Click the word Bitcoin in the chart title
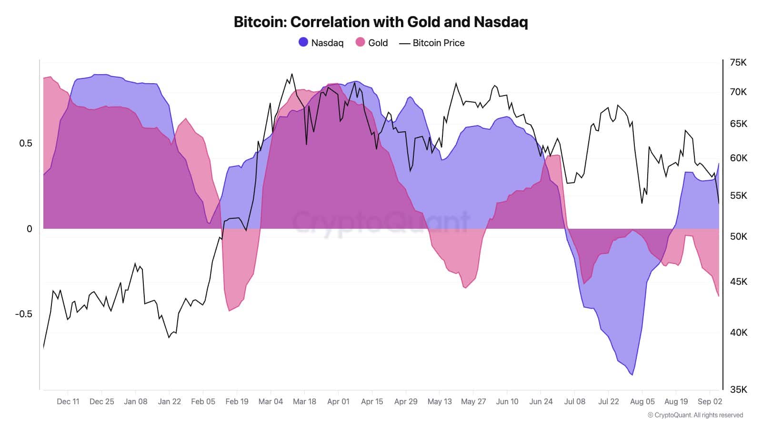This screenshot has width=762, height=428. coord(260,22)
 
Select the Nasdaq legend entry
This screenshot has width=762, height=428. coord(321,43)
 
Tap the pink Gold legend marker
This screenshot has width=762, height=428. coord(360,42)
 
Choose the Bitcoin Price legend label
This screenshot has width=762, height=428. coord(438,43)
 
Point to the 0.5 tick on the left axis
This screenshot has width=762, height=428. coord(26,144)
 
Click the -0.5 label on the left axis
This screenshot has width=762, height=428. coord(23,314)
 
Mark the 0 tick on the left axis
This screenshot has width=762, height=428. coord(30,229)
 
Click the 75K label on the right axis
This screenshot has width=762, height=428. coord(738,63)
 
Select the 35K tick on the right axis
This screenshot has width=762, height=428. coord(738,389)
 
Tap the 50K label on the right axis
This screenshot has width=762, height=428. coord(738,236)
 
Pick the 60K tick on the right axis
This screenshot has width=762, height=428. coord(738,158)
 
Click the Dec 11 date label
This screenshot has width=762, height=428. coord(68,401)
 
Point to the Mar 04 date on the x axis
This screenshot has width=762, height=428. coord(271,401)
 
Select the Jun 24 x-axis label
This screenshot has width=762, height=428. coord(541,401)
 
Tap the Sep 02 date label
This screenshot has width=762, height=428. coord(710,401)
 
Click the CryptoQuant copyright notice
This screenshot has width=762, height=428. coord(695,415)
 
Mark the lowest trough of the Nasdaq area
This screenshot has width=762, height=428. coord(632,375)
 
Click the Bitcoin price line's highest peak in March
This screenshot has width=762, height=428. coord(291,74)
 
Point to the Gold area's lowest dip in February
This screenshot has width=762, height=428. coord(230,311)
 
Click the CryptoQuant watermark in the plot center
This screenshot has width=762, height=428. coord(381,222)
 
